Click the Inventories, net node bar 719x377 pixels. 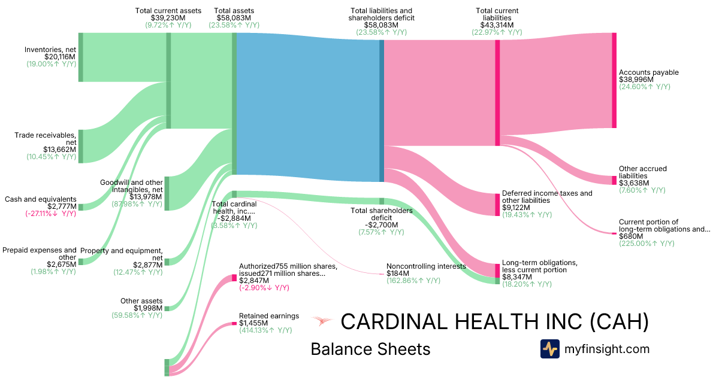[x=81, y=57]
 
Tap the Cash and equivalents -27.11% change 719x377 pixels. [x=51, y=214]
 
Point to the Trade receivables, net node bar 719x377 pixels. [x=81, y=146]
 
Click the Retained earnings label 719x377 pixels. [x=262, y=316]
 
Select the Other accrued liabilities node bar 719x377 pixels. [x=614, y=180]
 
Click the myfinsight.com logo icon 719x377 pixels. [x=549, y=349]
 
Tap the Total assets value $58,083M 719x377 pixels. [x=234, y=18]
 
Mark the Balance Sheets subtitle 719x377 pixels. [x=370, y=349]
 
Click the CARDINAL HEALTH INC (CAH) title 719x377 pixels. [x=494, y=322]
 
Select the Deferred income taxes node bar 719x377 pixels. [x=497, y=204]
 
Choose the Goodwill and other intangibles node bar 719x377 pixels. [x=167, y=193]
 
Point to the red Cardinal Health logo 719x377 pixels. [x=322, y=322]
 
